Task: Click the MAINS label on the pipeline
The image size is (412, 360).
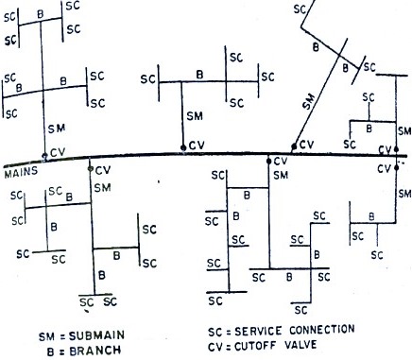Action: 20,173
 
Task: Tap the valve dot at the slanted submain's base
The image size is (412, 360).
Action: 295,146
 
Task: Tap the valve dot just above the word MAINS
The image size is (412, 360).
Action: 44,156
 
